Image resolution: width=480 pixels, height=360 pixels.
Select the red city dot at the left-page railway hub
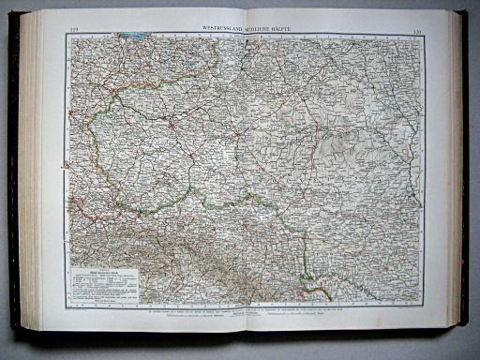pos(172,125)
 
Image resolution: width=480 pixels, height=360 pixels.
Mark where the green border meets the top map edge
pos(221,40)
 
